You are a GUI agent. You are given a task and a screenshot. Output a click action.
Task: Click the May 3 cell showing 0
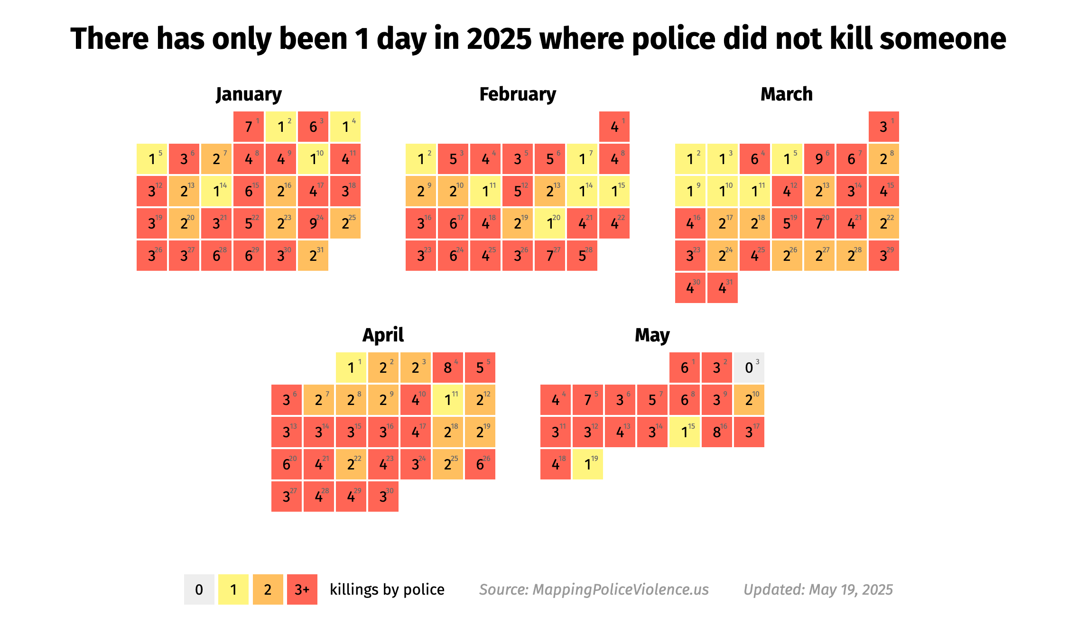point(749,368)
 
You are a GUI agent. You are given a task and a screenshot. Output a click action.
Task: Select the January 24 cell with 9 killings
point(313,223)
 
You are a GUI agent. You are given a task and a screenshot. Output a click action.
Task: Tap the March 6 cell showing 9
point(819,159)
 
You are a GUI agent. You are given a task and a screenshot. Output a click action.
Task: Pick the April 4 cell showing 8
point(448,368)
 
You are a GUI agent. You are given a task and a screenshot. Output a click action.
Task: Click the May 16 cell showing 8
point(716,432)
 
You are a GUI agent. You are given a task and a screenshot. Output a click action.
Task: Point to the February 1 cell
point(614,127)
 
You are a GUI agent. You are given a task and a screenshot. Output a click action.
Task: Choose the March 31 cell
point(723,288)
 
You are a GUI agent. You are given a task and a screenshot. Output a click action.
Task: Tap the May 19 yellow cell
point(588,464)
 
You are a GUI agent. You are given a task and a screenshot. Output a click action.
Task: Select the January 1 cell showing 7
point(249,127)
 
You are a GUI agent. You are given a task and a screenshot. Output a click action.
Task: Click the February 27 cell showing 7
point(550,256)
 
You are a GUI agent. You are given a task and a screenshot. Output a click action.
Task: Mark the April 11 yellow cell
point(448,400)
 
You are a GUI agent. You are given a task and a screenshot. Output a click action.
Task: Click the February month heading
point(518,94)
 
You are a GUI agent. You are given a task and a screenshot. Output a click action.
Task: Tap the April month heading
point(383,335)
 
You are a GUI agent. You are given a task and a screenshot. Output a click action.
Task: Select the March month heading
point(787,94)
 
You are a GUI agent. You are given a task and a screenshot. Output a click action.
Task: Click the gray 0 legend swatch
point(199,589)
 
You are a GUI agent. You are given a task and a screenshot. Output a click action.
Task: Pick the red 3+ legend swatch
point(302,589)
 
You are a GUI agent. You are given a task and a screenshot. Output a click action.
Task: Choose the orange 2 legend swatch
point(268,589)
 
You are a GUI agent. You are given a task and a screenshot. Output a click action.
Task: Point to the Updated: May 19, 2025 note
point(818,589)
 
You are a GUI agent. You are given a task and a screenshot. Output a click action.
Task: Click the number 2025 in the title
point(499,38)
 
